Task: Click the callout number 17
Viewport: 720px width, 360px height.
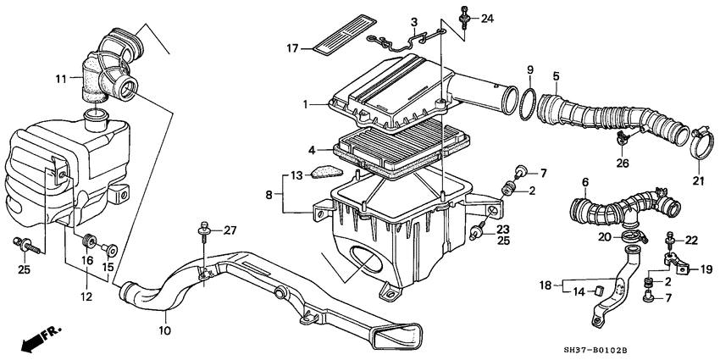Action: point(292,48)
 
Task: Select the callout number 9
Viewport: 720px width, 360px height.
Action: point(530,69)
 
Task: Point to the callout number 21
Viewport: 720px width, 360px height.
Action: point(699,180)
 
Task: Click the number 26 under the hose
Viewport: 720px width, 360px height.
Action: point(623,163)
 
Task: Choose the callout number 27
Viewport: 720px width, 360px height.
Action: point(231,230)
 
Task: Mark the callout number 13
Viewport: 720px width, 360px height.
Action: point(295,175)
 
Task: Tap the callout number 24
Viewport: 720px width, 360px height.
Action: point(486,18)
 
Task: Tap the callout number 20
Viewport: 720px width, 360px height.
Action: point(604,236)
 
